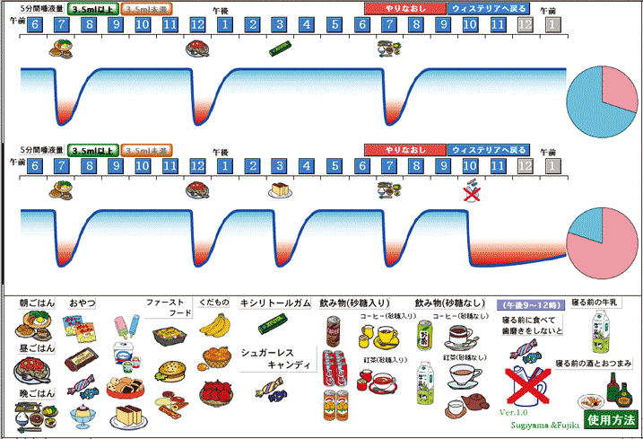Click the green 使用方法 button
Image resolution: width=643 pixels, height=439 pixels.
(x=612, y=419)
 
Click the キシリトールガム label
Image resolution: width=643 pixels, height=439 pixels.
(x=274, y=304)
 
